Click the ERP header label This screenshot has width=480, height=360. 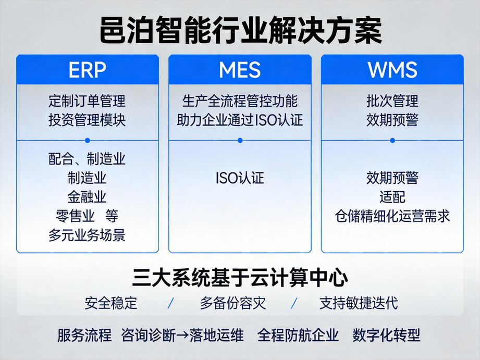pyautogui.click(x=87, y=69)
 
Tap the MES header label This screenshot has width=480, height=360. pyautogui.click(x=240, y=69)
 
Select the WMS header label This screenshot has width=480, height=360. pyautogui.click(x=392, y=69)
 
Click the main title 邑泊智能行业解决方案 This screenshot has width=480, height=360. pyautogui.click(x=240, y=31)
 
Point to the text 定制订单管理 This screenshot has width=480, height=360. pyautogui.click(x=87, y=100)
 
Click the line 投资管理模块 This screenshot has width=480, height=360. pyautogui.click(x=87, y=120)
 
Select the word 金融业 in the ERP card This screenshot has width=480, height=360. pyautogui.click(x=87, y=197)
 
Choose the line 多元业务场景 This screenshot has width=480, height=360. pyautogui.click(x=87, y=235)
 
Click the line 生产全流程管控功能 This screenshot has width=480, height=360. pyautogui.click(x=240, y=100)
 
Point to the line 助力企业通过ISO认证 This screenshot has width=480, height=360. pyautogui.click(x=240, y=120)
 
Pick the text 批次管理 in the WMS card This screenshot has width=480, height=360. pyautogui.click(x=392, y=100)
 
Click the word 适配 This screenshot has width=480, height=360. pyautogui.click(x=392, y=197)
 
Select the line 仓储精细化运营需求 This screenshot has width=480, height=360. pyautogui.click(x=392, y=216)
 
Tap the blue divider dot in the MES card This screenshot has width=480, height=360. pyautogui.click(x=240, y=140)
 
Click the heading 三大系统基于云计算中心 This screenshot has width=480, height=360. pyautogui.click(x=240, y=277)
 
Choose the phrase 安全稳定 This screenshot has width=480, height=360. pyautogui.click(x=111, y=303)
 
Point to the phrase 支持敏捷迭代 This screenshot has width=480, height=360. pyautogui.click(x=358, y=303)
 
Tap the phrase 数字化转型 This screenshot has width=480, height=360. pyautogui.click(x=386, y=334)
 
